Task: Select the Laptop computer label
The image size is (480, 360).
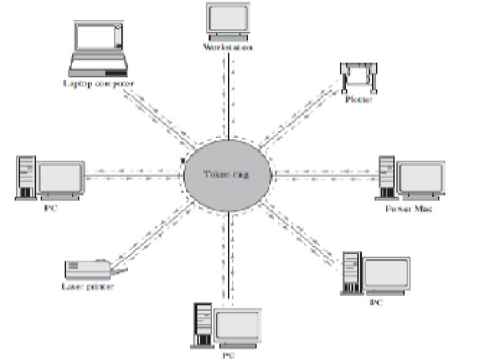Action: [x=98, y=84]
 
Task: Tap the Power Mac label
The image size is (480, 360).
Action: [x=409, y=209]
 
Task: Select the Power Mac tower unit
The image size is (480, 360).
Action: [x=386, y=177]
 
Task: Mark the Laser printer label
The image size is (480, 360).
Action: [x=89, y=287]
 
